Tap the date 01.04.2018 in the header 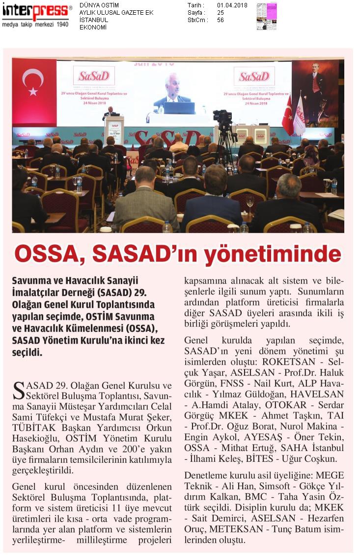[232, 5]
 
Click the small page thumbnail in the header [267, 16]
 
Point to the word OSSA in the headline [48, 254]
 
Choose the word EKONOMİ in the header [93, 27]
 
